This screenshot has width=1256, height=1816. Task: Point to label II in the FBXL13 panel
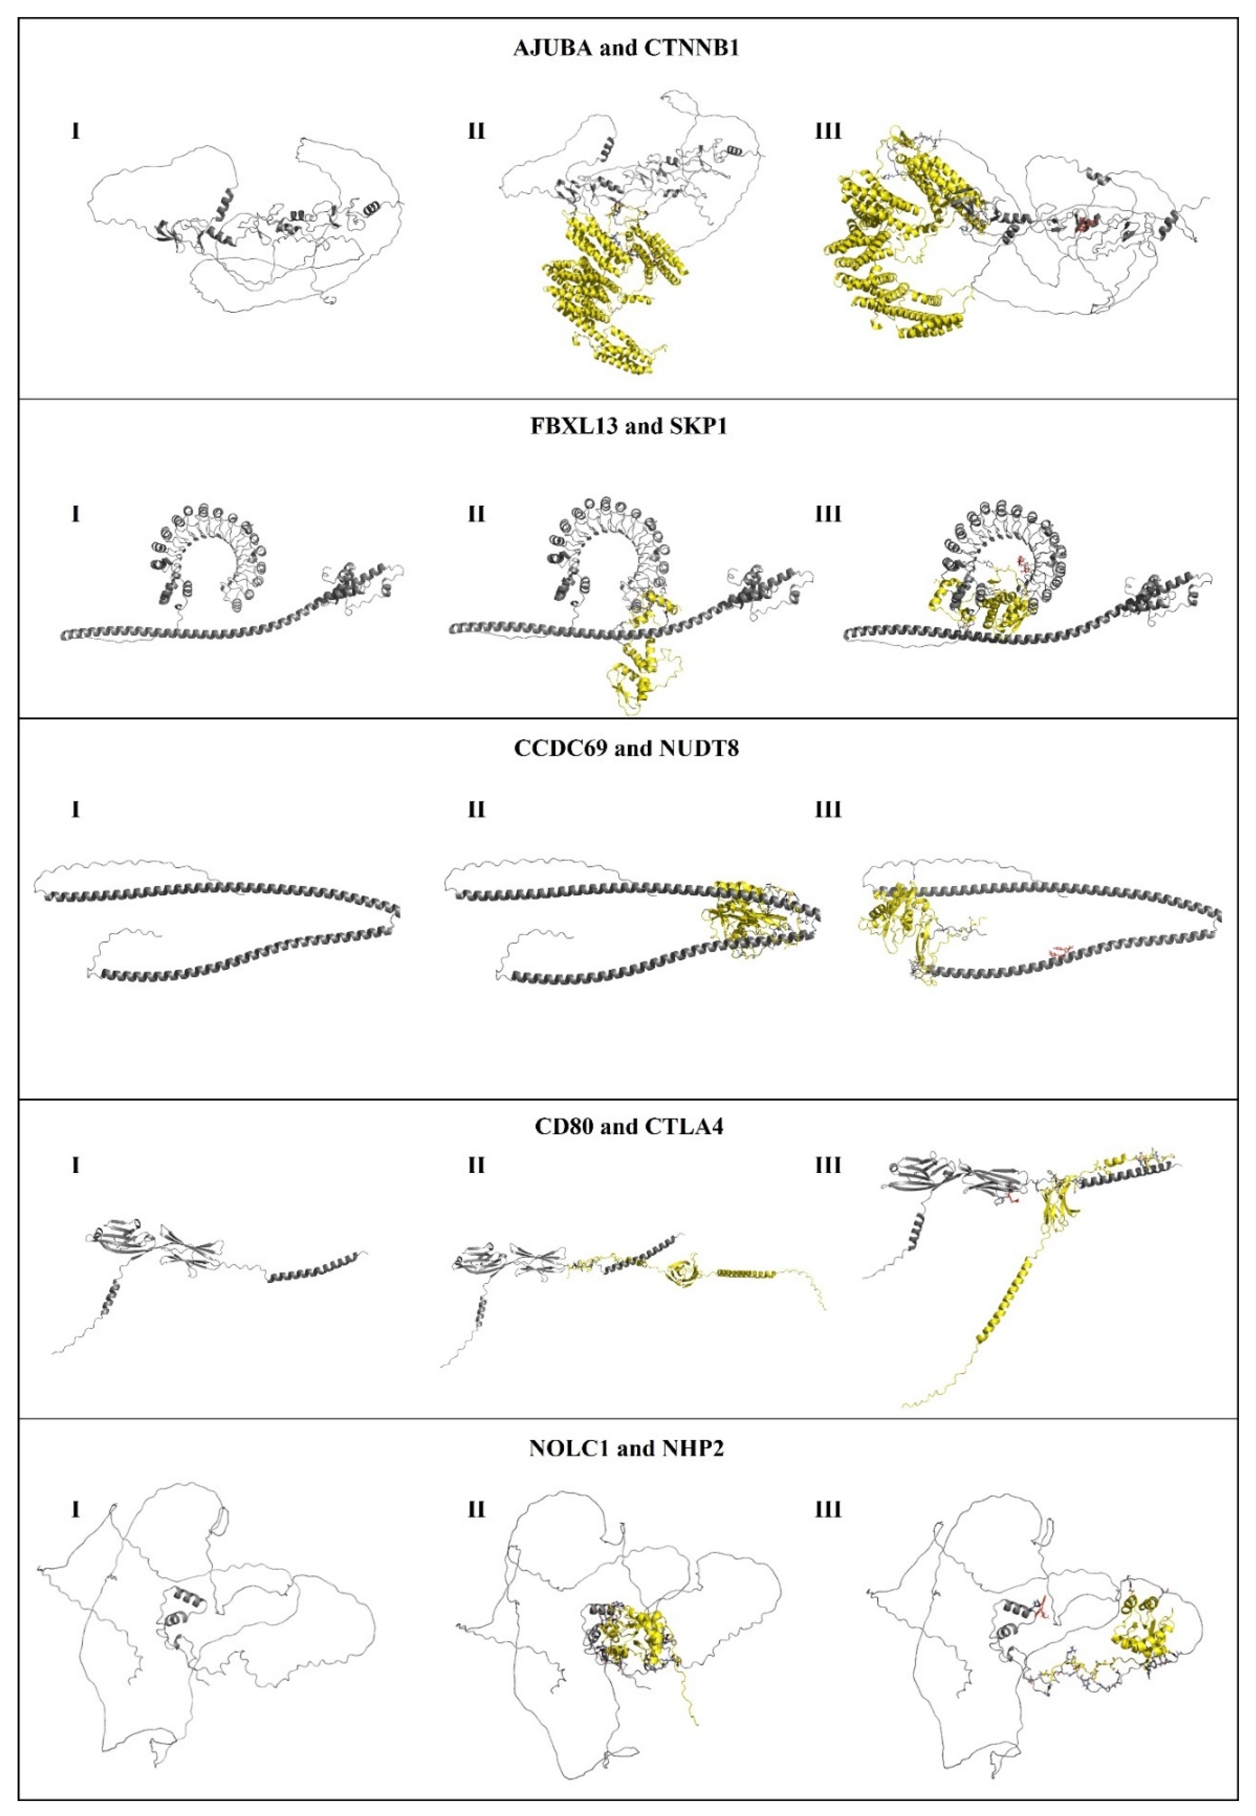(x=476, y=514)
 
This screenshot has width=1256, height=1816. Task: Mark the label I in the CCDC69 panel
(x=75, y=809)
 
